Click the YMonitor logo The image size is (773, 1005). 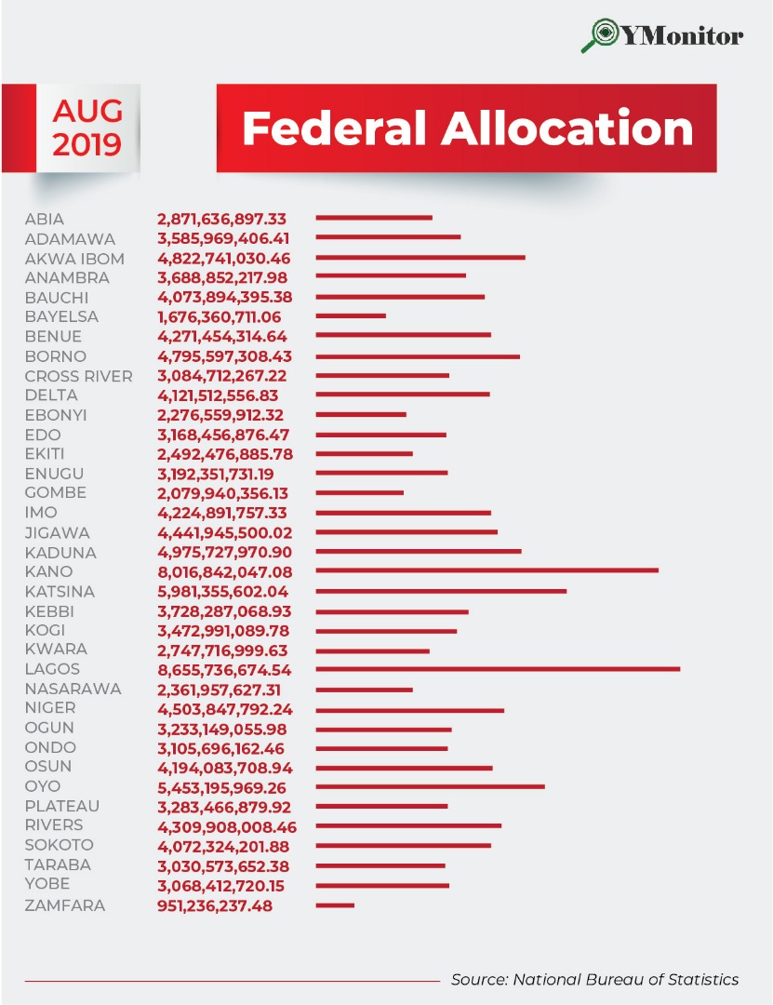click(x=662, y=35)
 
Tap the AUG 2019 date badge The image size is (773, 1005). click(x=87, y=127)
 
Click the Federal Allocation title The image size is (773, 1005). click(x=467, y=128)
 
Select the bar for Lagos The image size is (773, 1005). click(x=498, y=669)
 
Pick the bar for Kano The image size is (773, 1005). click(x=486, y=571)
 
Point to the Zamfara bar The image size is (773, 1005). click(x=335, y=905)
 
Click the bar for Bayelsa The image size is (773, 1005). click(x=351, y=316)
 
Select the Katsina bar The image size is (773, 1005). click(x=441, y=591)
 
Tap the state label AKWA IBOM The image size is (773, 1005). click(x=74, y=259)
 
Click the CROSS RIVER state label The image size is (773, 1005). click(x=79, y=376)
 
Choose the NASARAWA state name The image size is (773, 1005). click(x=73, y=690)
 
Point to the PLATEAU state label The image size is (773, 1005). click(x=62, y=806)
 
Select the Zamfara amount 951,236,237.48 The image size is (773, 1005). click(x=215, y=905)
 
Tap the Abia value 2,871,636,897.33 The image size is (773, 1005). click(x=222, y=220)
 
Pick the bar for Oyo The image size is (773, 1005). click(x=430, y=787)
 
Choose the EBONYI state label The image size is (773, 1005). click(x=56, y=415)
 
